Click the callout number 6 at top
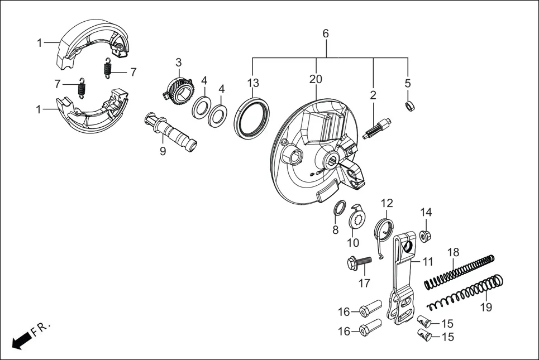326,33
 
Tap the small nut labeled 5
409,105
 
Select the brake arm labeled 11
406,279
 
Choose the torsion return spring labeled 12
385,230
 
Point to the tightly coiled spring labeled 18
459,272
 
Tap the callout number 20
316,80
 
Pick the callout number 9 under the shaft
163,151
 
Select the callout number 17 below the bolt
364,283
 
